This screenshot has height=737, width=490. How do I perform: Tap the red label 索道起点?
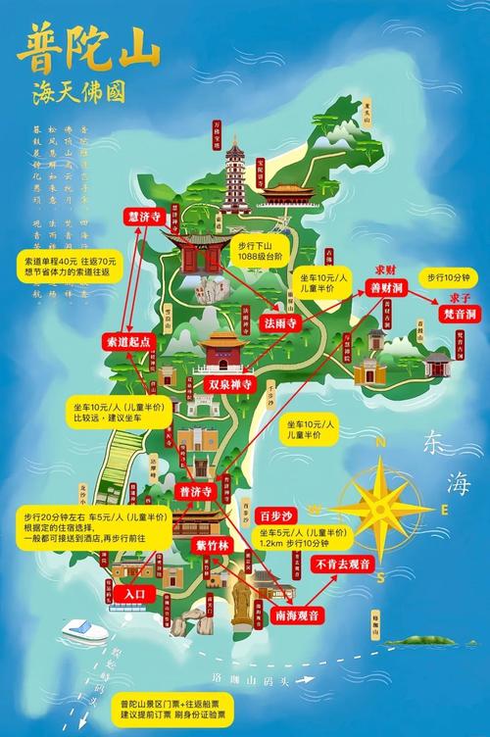click(127, 342)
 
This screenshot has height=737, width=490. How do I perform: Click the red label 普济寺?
click(194, 490)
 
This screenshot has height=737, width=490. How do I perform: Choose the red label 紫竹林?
click(212, 547)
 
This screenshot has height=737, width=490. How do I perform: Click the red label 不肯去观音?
click(341, 564)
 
